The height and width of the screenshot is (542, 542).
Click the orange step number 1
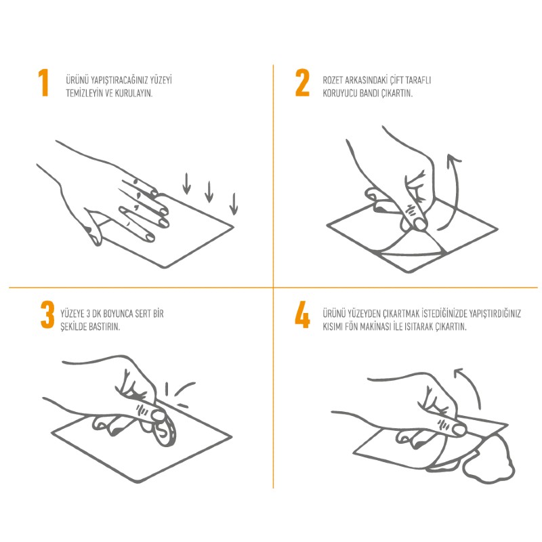point(43,82)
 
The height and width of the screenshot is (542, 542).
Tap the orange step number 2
point(302,82)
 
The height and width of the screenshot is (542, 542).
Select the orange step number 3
point(47,314)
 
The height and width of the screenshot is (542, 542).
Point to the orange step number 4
point(302,314)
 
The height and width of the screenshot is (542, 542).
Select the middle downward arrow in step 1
point(209,192)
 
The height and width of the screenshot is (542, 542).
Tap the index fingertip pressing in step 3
point(159,416)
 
